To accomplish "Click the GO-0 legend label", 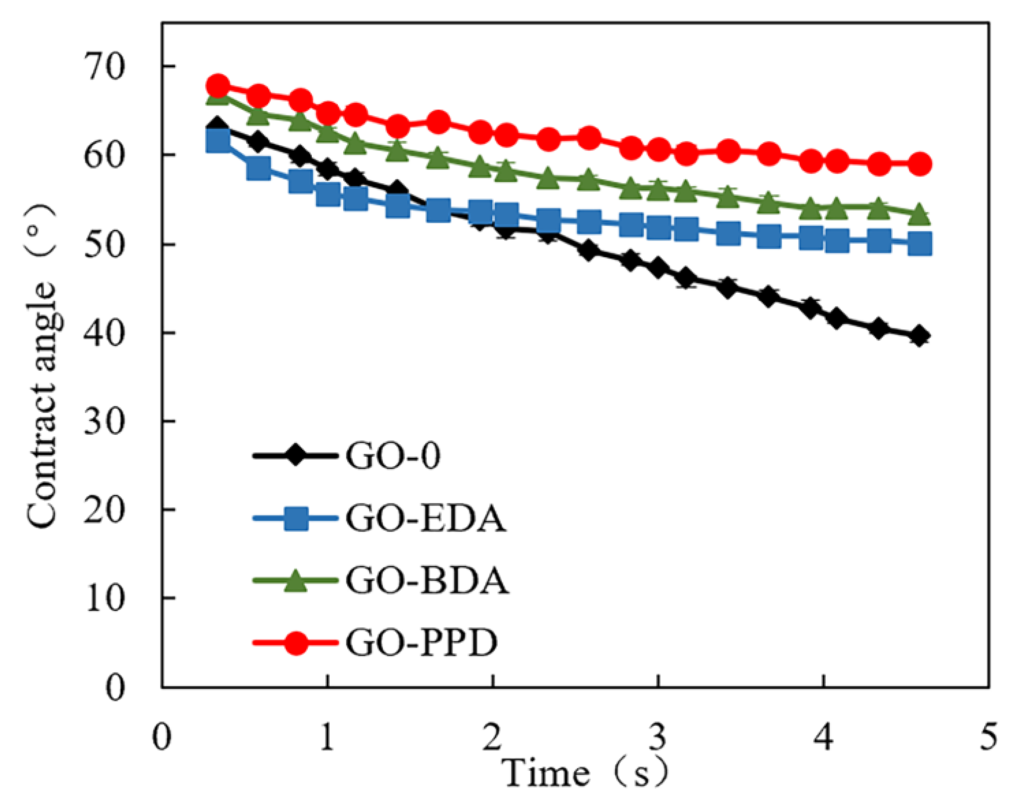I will coord(393,456).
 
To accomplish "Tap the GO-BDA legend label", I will coord(427,581).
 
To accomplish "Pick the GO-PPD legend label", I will coord(421,642).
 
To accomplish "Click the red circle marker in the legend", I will coord(296,642).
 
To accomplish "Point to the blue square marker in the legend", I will coord(296,518).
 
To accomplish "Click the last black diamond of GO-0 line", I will coord(919,337).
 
